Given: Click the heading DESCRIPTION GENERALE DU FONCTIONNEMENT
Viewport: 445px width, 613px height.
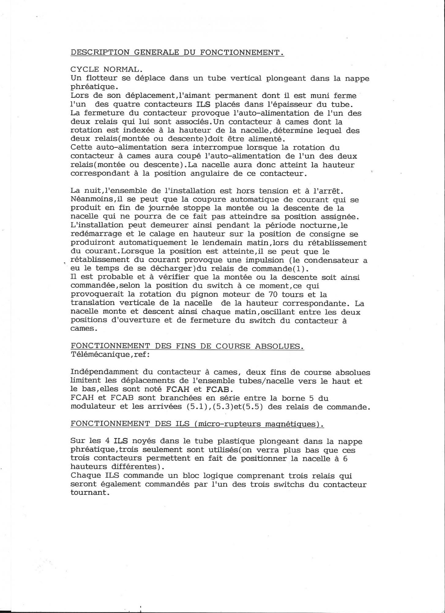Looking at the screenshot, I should tap(177, 52).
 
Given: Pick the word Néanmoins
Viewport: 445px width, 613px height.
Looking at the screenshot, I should tap(92, 200).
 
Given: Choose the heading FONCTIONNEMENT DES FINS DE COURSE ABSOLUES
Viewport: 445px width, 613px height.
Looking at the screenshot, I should tap(187, 346).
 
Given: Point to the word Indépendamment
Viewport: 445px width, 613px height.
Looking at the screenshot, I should tap(104, 372).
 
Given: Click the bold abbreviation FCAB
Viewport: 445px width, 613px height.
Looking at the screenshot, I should tap(218, 390).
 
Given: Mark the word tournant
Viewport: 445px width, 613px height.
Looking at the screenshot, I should tap(90, 493).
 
